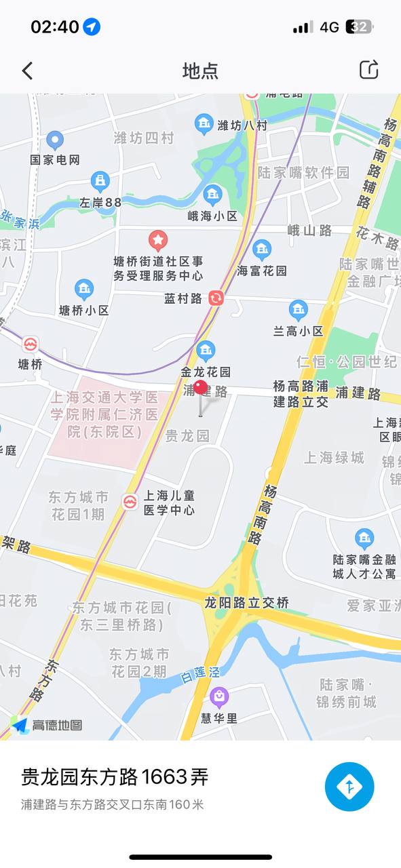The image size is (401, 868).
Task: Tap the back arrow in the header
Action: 27,71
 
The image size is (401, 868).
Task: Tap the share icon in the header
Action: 368,70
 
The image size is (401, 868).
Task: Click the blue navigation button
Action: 349,787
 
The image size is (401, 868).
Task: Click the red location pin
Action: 200,389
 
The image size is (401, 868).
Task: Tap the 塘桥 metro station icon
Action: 31,344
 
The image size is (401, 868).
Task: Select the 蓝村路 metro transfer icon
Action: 216,298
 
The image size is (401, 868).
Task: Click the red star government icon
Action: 158,239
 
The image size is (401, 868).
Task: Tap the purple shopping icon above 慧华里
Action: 218,696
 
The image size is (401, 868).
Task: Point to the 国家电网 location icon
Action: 55,141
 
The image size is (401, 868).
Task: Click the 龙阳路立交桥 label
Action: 247,602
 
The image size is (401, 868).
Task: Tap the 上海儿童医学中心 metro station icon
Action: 130,502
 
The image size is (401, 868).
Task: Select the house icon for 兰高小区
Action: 298,311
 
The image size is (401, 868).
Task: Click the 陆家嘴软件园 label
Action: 303,173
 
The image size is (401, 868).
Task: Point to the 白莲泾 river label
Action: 201,674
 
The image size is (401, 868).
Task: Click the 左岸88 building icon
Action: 100,181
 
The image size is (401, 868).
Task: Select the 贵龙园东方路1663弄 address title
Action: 115,777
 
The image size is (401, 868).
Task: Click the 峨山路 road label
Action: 309,231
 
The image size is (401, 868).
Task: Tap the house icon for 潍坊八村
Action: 204,124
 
